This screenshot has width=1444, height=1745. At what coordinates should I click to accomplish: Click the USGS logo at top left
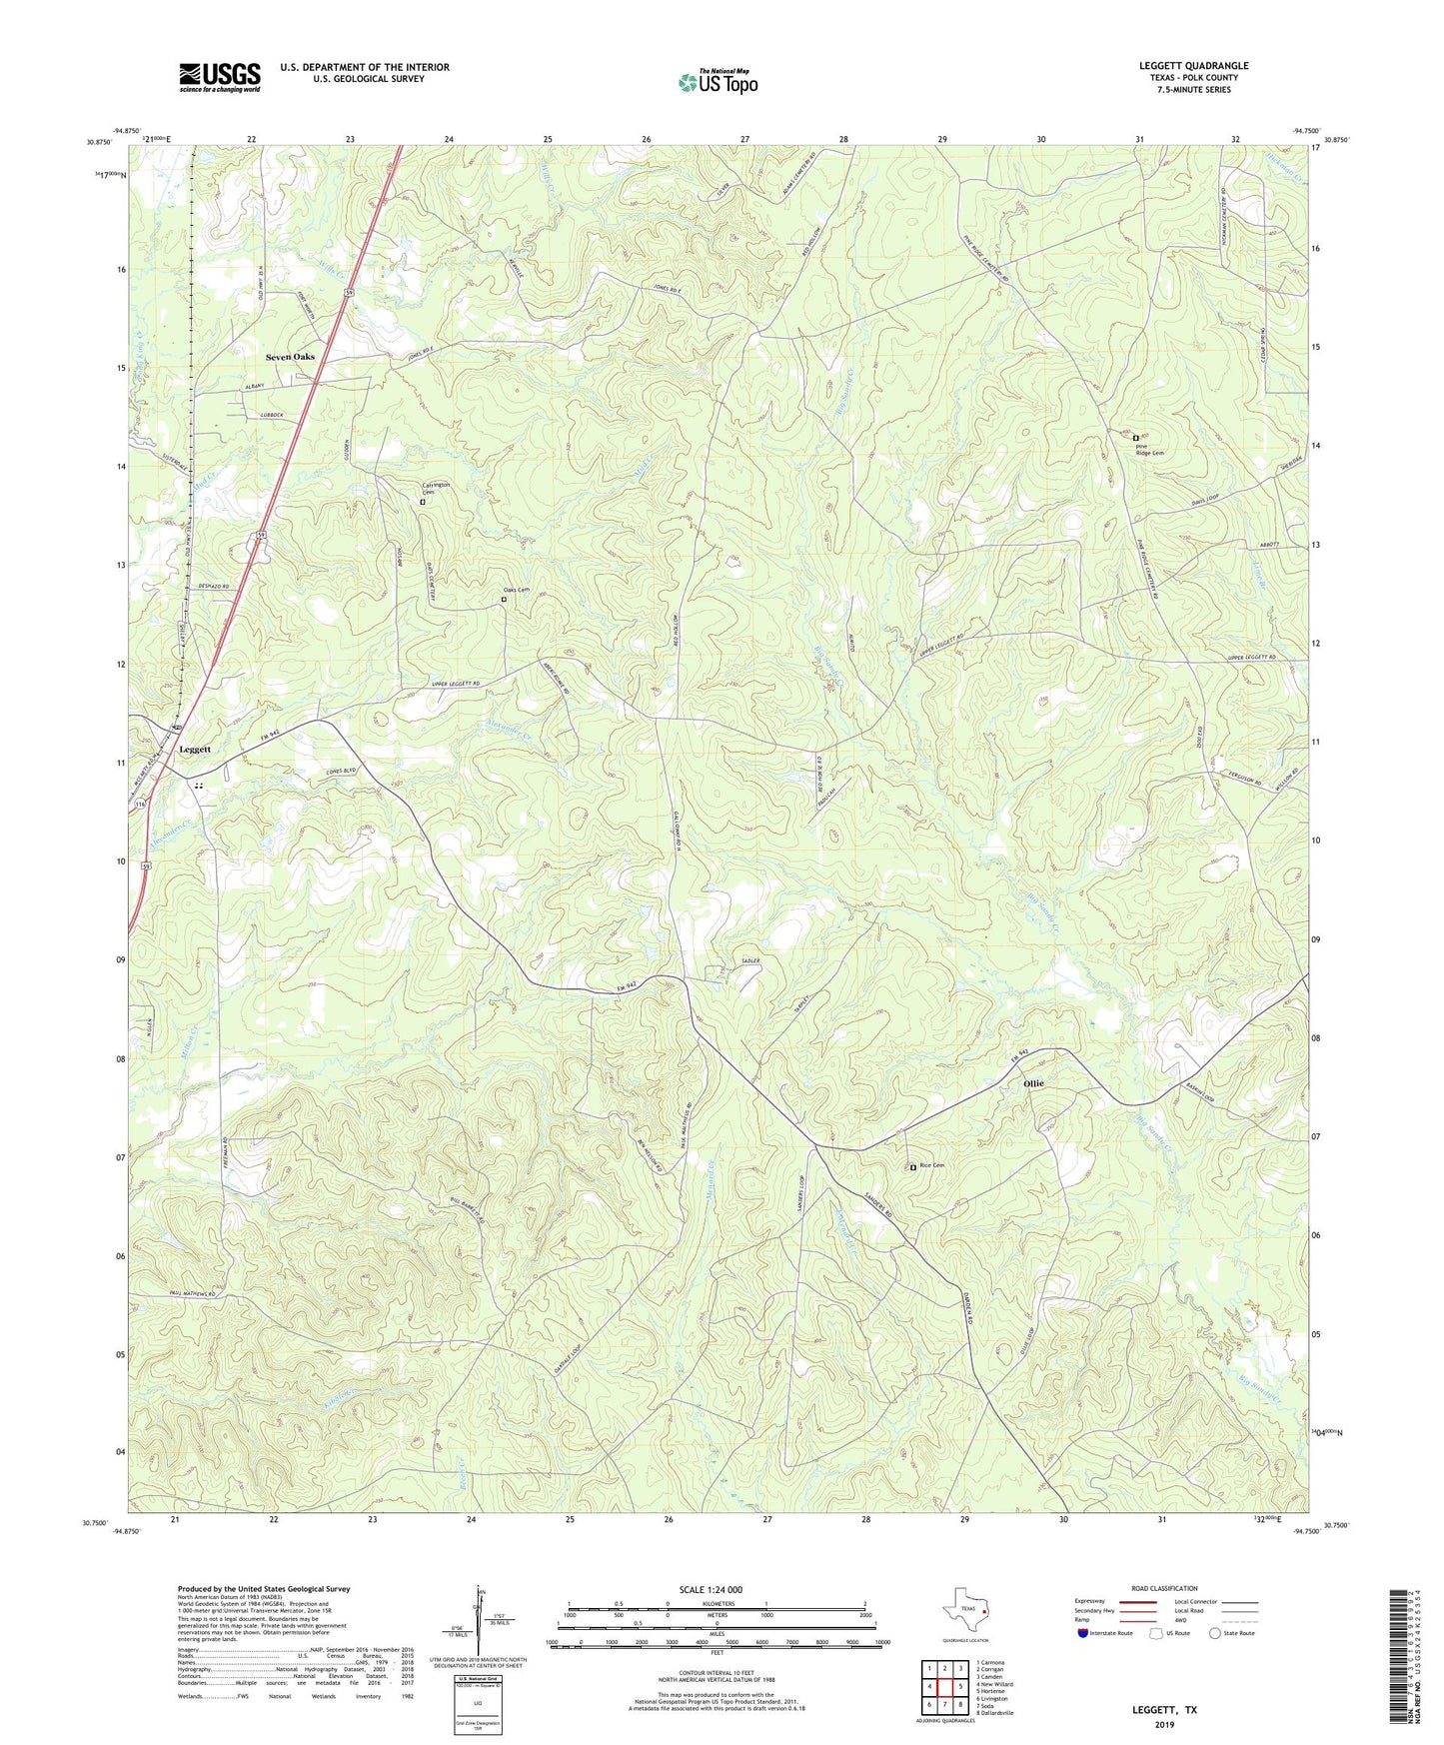pos(220,77)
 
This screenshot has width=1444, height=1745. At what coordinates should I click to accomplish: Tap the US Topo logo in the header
pos(718,82)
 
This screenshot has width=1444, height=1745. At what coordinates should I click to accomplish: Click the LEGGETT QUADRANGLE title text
pos(1193,66)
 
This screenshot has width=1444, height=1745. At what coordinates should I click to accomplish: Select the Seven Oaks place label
pos(290,357)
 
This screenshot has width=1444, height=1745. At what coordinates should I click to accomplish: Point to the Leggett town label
pos(195,749)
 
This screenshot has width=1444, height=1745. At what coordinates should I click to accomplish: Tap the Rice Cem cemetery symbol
pos(912,1166)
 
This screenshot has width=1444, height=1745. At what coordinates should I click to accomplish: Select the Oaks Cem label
pos(517,590)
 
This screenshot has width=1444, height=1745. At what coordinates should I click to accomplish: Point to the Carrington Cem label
pos(435,489)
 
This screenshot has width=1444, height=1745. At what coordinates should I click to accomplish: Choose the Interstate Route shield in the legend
pos(1083,1633)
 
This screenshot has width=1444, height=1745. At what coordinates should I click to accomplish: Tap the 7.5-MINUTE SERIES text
pos(1193,90)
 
